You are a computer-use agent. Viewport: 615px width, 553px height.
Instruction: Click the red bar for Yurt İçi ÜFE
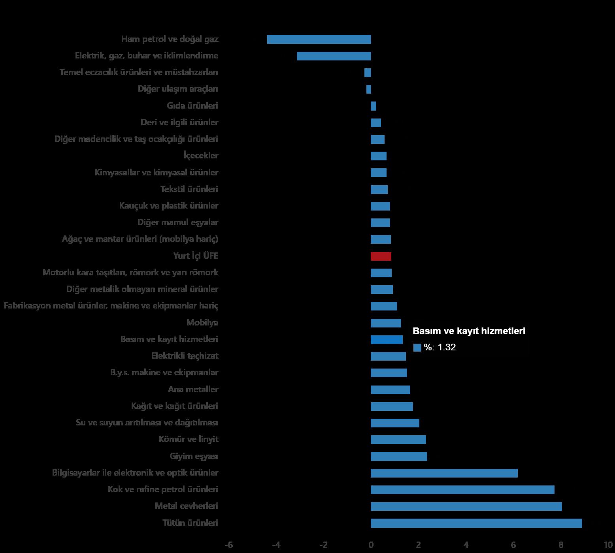(x=381, y=256)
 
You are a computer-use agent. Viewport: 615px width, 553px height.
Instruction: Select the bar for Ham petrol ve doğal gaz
(x=319, y=39)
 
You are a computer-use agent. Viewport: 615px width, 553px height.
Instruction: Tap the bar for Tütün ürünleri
(x=476, y=523)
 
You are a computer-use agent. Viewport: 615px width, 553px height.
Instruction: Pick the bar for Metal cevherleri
(x=466, y=506)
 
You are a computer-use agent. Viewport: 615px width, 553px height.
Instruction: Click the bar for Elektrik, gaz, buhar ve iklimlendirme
(x=334, y=56)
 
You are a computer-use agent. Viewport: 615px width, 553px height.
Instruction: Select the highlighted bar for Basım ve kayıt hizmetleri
(x=387, y=340)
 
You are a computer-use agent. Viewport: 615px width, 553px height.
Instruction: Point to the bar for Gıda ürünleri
(x=374, y=106)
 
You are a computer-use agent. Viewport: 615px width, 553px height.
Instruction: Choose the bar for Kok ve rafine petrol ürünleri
(x=462, y=490)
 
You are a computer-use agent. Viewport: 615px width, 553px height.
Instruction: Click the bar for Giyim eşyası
(x=399, y=457)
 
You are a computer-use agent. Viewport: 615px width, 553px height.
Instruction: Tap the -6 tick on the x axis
(x=229, y=545)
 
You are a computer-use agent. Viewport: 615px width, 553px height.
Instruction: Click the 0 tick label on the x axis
(x=371, y=545)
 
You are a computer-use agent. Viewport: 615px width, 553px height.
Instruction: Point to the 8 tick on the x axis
(x=561, y=545)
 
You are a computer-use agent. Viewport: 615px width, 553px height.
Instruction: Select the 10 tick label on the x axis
(x=608, y=545)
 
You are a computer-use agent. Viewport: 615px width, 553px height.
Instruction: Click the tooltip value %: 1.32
(x=440, y=347)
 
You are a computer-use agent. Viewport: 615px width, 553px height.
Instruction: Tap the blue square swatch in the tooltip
(x=417, y=348)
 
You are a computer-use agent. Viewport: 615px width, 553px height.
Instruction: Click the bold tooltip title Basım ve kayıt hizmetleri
(x=469, y=331)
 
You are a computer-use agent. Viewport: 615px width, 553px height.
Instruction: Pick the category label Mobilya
(x=202, y=323)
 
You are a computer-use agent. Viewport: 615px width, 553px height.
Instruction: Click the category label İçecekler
(x=201, y=156)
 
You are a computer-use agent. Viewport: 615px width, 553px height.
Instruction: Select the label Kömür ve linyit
(x=189, y=439)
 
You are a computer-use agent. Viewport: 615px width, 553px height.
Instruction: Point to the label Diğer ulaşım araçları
(x=178, y=89)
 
